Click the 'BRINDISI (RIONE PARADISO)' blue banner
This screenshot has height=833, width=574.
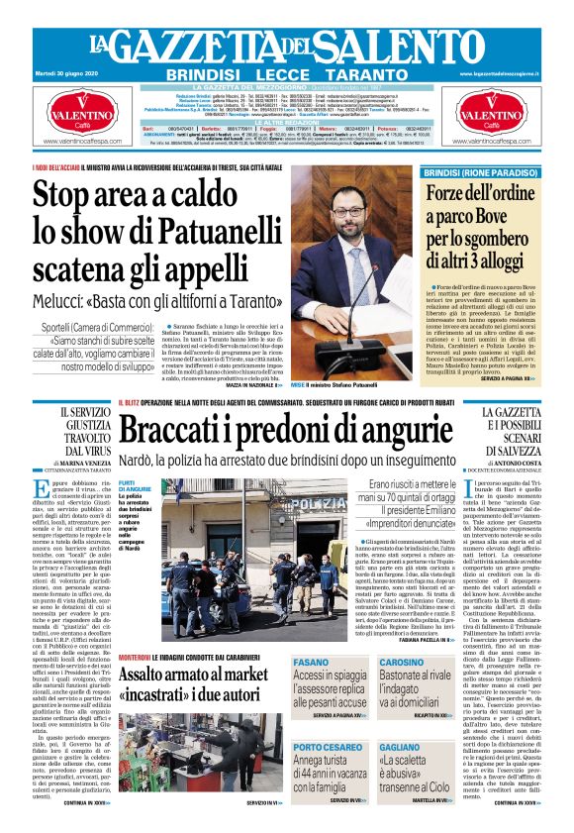coord(480,172)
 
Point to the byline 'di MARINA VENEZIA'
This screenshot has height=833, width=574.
coord(75,461)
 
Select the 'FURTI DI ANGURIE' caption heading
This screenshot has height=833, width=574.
coord(135,485)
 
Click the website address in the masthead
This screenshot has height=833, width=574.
coord(505,73)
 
